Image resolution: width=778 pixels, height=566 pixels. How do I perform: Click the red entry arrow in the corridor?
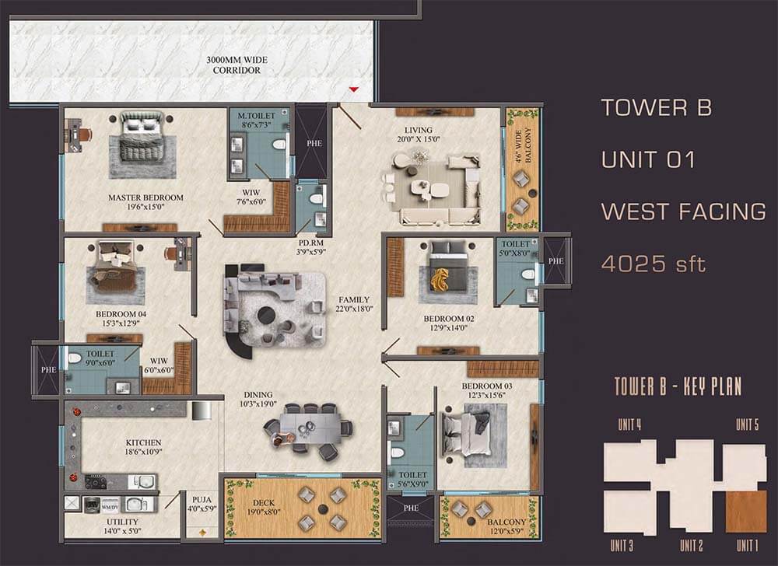(353, 89)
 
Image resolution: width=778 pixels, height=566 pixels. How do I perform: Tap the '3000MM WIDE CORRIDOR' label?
(237, 65)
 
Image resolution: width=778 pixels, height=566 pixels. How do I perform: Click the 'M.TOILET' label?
(256, 116)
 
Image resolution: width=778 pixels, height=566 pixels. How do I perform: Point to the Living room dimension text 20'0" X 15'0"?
(419, 139)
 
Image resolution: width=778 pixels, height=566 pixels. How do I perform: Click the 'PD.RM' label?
(311, 243)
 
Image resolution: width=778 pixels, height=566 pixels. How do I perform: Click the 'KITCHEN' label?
(143, 442)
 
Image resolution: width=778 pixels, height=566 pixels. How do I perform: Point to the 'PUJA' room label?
(202, 500)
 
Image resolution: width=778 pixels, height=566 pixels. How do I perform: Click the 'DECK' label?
(264, 502)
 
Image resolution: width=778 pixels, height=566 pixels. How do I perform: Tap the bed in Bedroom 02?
(448, 267)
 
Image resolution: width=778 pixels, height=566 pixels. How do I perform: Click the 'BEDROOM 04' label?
(121, 314)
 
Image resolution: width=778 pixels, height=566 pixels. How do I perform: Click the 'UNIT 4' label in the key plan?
(629, 424)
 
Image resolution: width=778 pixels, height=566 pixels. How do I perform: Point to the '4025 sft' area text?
(653, 264)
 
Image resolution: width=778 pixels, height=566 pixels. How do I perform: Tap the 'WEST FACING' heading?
(683, 211)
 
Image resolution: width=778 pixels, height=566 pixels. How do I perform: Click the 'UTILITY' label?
(123, 522)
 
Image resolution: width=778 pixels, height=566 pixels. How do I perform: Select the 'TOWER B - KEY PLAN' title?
(678, 386)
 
